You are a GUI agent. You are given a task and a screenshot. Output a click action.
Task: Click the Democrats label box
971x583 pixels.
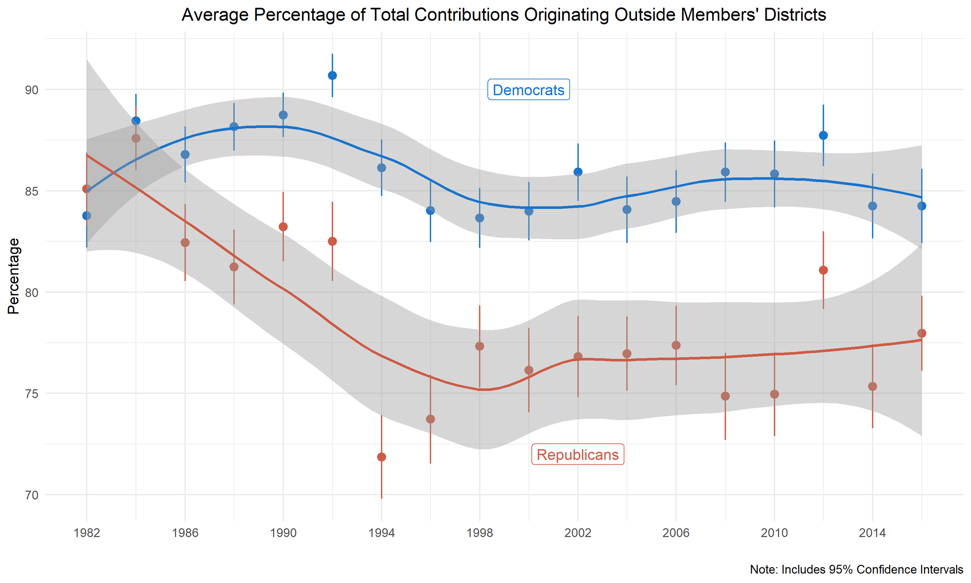[528, 90]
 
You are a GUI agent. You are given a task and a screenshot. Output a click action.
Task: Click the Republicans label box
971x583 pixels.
[577, 454]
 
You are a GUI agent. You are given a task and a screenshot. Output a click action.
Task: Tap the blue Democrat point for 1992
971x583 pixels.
[332, 75]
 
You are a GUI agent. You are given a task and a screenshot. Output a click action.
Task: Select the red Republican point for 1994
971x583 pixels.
[381, 457]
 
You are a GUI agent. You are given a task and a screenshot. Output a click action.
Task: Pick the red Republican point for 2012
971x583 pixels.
[823, 270]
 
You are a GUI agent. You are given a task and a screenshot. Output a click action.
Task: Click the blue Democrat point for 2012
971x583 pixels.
[823, 136]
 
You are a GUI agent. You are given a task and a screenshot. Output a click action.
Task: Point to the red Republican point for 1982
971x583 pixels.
[87, 189]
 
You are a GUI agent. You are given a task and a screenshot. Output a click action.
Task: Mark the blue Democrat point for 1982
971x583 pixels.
[87, 216]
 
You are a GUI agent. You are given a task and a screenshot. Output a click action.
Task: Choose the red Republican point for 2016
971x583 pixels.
[922, 333]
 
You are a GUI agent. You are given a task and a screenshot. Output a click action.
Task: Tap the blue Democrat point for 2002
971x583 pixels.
[578, 172]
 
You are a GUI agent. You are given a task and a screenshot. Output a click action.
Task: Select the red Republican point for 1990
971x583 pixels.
[283, 227]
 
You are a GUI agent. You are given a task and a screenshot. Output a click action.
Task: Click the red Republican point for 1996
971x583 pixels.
[431, 419]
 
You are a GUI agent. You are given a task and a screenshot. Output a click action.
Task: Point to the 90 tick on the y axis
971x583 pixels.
[32, 90]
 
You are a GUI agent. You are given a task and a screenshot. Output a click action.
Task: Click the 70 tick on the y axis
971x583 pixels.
[32, 495]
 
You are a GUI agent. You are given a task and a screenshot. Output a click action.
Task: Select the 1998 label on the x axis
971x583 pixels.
[480, 533]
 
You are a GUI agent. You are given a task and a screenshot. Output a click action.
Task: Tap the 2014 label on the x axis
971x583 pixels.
[872, 533]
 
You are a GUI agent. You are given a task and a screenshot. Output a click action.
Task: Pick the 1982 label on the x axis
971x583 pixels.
[87, 533]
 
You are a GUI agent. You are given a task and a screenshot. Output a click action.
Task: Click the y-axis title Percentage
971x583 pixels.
[14, 276]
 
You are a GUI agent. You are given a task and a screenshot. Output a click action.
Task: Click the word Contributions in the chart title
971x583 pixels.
[466, 15]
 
